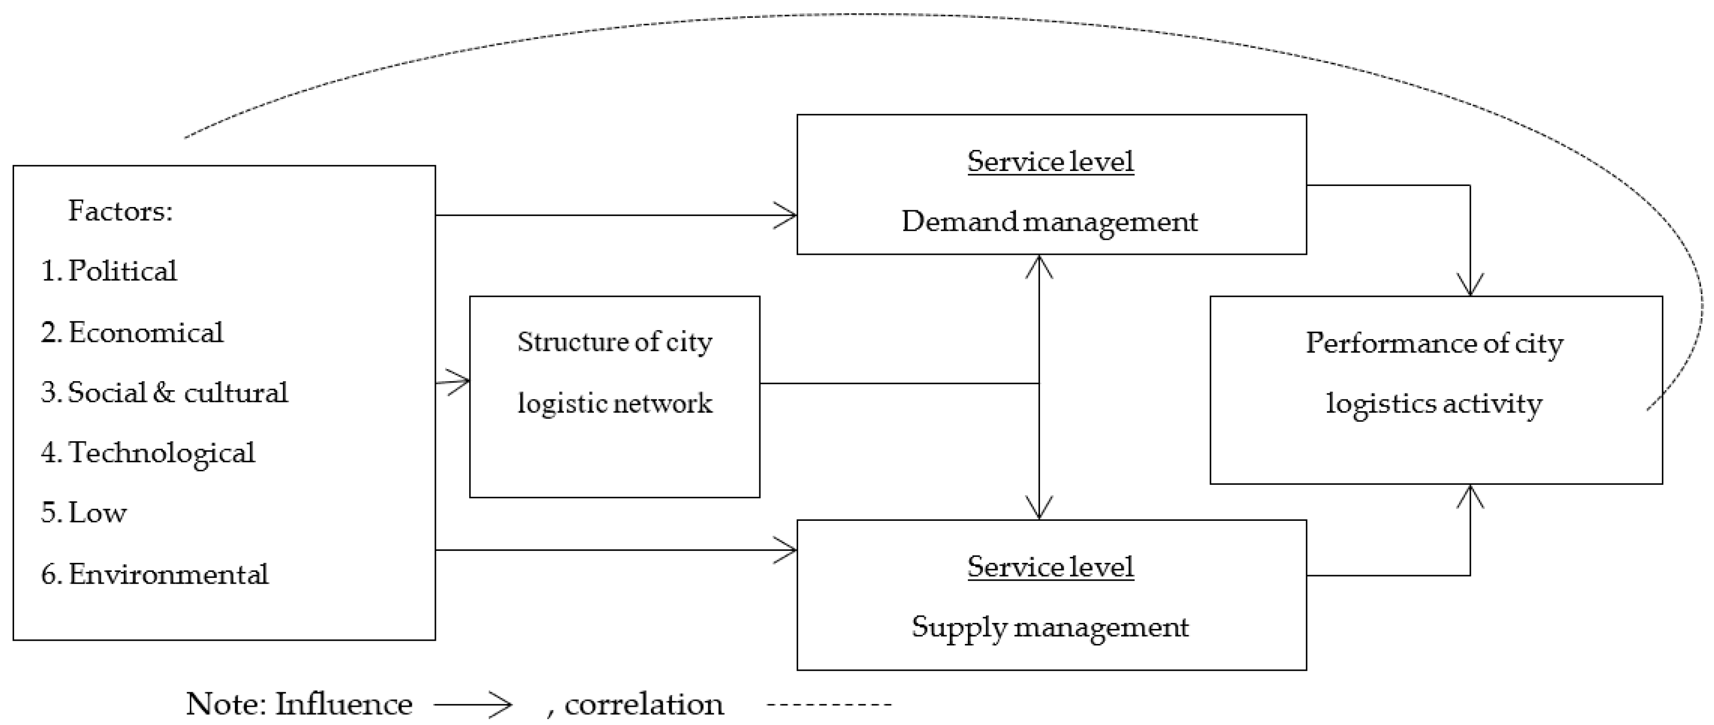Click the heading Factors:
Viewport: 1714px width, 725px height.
point(120,211)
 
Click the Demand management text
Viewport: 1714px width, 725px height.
point(1049,222)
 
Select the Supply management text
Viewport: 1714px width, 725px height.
point(1049,627)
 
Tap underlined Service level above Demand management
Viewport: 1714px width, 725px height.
point(1050,162)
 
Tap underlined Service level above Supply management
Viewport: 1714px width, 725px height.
point(1050,567)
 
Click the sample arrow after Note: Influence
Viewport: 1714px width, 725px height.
point(474,704)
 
